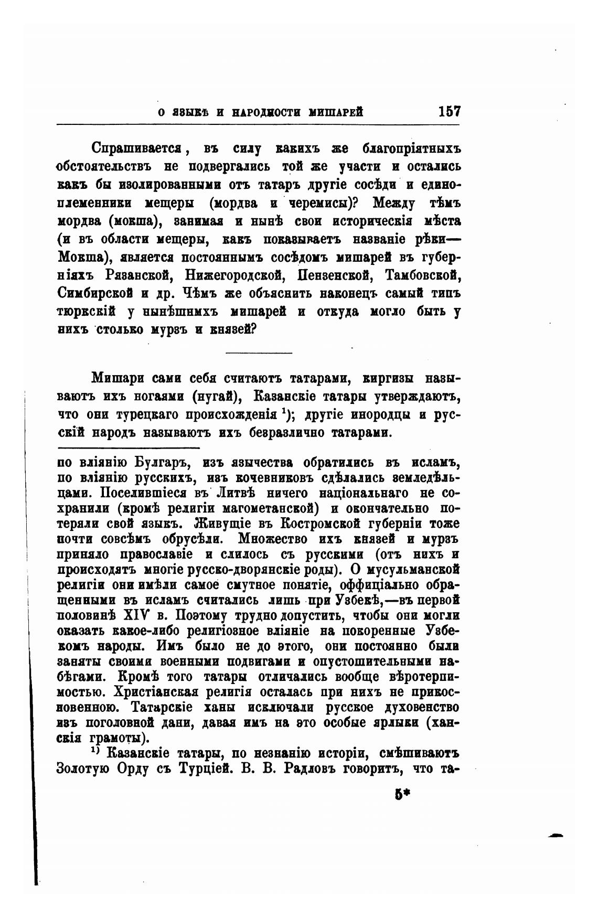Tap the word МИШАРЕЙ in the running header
(x=336, y=112)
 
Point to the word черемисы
(x=324, y=202)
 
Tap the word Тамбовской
(x=422, y=274)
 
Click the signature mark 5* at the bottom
(x=402, y=794)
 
